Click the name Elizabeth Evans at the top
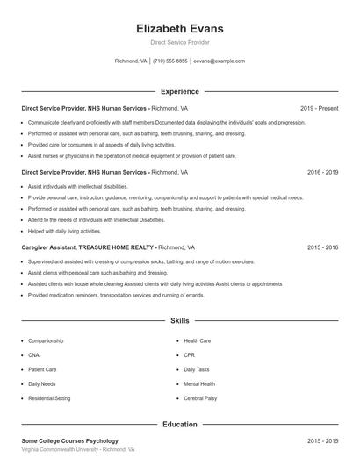(180, 28)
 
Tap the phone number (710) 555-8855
(170, 61)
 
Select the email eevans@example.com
(220, 61)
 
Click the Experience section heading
(180, 91)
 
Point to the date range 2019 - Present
(319, 108)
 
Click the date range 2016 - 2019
(322, 173)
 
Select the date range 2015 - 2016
(322, 248)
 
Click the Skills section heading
(180, 321)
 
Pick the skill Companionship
(46, 340)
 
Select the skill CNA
(34, 355)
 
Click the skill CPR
(190, 355)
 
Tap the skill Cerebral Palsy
(199, 398)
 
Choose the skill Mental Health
(198, 384)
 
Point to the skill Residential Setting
(49, 398)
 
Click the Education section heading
(180, 425)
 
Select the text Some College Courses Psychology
(70, 440)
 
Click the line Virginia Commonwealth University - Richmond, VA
(78, 449)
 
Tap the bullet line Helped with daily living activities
(65, 231)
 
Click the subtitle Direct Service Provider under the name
(180, 42)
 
